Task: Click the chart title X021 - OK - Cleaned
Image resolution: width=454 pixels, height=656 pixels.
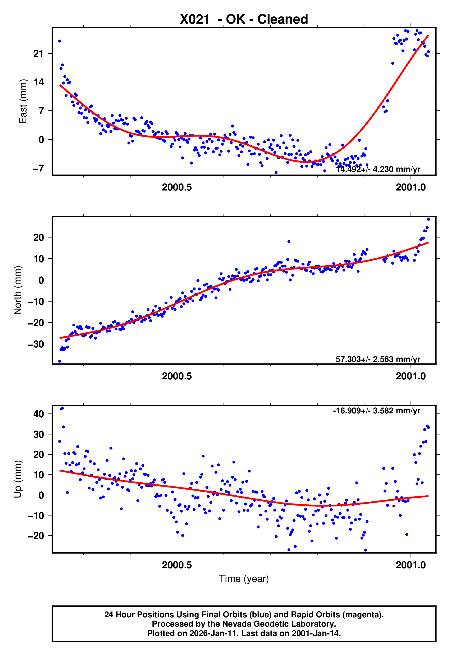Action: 244,19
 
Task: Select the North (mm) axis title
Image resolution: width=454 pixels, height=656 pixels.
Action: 18,290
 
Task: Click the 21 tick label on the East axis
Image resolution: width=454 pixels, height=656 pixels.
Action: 38,53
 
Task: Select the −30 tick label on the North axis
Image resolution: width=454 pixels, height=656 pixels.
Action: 36,344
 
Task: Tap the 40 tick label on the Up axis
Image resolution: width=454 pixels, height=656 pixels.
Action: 38,414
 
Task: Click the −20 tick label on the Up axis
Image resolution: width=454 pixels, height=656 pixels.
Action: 36,536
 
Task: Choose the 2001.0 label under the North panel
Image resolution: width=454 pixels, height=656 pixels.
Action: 410,376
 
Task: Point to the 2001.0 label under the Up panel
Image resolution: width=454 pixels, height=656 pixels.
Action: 410,565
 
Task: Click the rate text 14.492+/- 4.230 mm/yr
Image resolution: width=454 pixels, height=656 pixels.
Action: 378,169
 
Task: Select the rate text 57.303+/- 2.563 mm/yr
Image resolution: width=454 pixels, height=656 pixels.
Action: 378,359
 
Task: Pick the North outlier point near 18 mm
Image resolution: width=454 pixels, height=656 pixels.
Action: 289,241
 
